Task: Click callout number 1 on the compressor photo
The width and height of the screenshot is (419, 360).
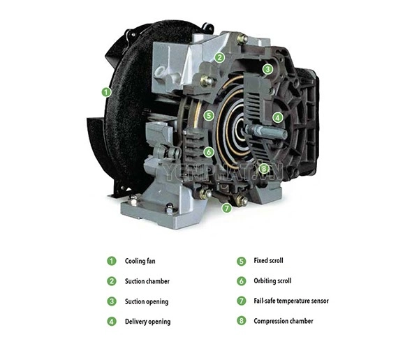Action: click(x=106, y=92)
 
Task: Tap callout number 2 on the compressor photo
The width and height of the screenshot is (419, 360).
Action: click(x=219, y=57)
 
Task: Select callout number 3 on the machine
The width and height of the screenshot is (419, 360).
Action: click(x=267, y=70)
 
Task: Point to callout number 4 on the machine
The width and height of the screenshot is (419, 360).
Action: click(x=278, y=117)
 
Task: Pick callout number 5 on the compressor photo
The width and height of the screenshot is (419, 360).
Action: click(x=209, y=116)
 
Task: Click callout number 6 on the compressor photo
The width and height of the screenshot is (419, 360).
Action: click(x=209, y=152)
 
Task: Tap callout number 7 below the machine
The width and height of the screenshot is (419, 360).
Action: click(x=226, y=207)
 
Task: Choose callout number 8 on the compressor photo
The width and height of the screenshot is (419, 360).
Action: click(x=264, y=169)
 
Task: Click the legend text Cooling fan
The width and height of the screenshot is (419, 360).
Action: click(x=140, y=261)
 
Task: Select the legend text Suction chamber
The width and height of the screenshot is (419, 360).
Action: click(x=147, y=281)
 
